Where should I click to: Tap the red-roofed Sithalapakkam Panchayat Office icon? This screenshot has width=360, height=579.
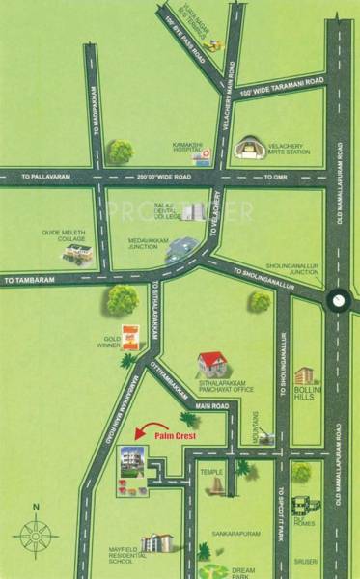(x=210, y=364)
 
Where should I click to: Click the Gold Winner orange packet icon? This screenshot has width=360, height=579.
(x=131, y=337)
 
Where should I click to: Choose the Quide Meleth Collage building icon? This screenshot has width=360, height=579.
(x=78, y=253)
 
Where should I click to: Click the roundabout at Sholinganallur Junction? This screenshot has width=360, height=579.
(x=338, y=300)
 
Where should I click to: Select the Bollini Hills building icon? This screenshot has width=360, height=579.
(x=304, y=376)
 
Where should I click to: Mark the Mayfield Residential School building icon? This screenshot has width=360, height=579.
(x=154, y=542)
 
